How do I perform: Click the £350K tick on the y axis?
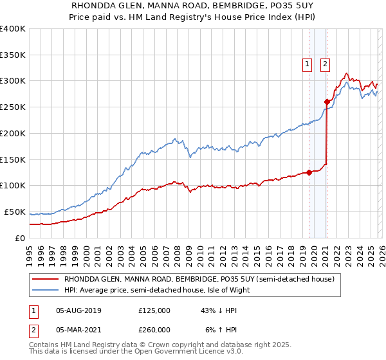pos(13,55)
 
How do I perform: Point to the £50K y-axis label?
pos(14,212)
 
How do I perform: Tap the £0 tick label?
pos(19,238)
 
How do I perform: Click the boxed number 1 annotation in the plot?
pos(308,64)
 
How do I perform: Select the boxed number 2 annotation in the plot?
pos(326,64)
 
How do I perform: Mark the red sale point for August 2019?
pos(309,172)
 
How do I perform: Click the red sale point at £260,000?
pos(327,102)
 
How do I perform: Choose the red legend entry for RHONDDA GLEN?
pos(199,280)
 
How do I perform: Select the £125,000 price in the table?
pos(154,310)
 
